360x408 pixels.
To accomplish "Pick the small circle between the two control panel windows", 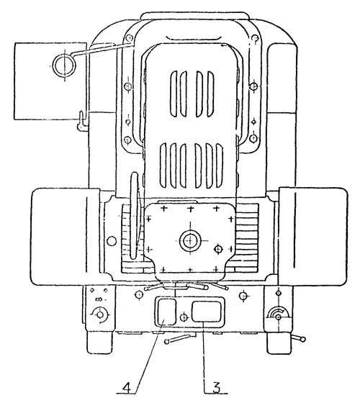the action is (x=184, y=317).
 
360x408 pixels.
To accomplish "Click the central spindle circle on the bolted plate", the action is (x=190, y=240).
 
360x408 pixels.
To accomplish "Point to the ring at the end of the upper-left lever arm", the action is (x=64, y=65).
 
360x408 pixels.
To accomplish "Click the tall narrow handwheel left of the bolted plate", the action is (x=135, y=215).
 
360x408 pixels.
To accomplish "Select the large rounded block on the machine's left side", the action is (x=65, y=237).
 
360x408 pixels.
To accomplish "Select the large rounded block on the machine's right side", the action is (x=313, y=236).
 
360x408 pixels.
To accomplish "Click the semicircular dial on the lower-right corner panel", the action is (x=278, y=313).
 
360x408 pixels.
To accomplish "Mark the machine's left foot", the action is (x=100, y=343).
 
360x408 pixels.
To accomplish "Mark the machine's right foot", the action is (x=279, y=343).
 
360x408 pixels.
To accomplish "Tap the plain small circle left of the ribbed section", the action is (x=112, y=240).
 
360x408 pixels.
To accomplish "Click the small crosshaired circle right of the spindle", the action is (x=218, y=249).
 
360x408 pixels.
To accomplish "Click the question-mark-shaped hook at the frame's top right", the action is (x=255, y=40).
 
